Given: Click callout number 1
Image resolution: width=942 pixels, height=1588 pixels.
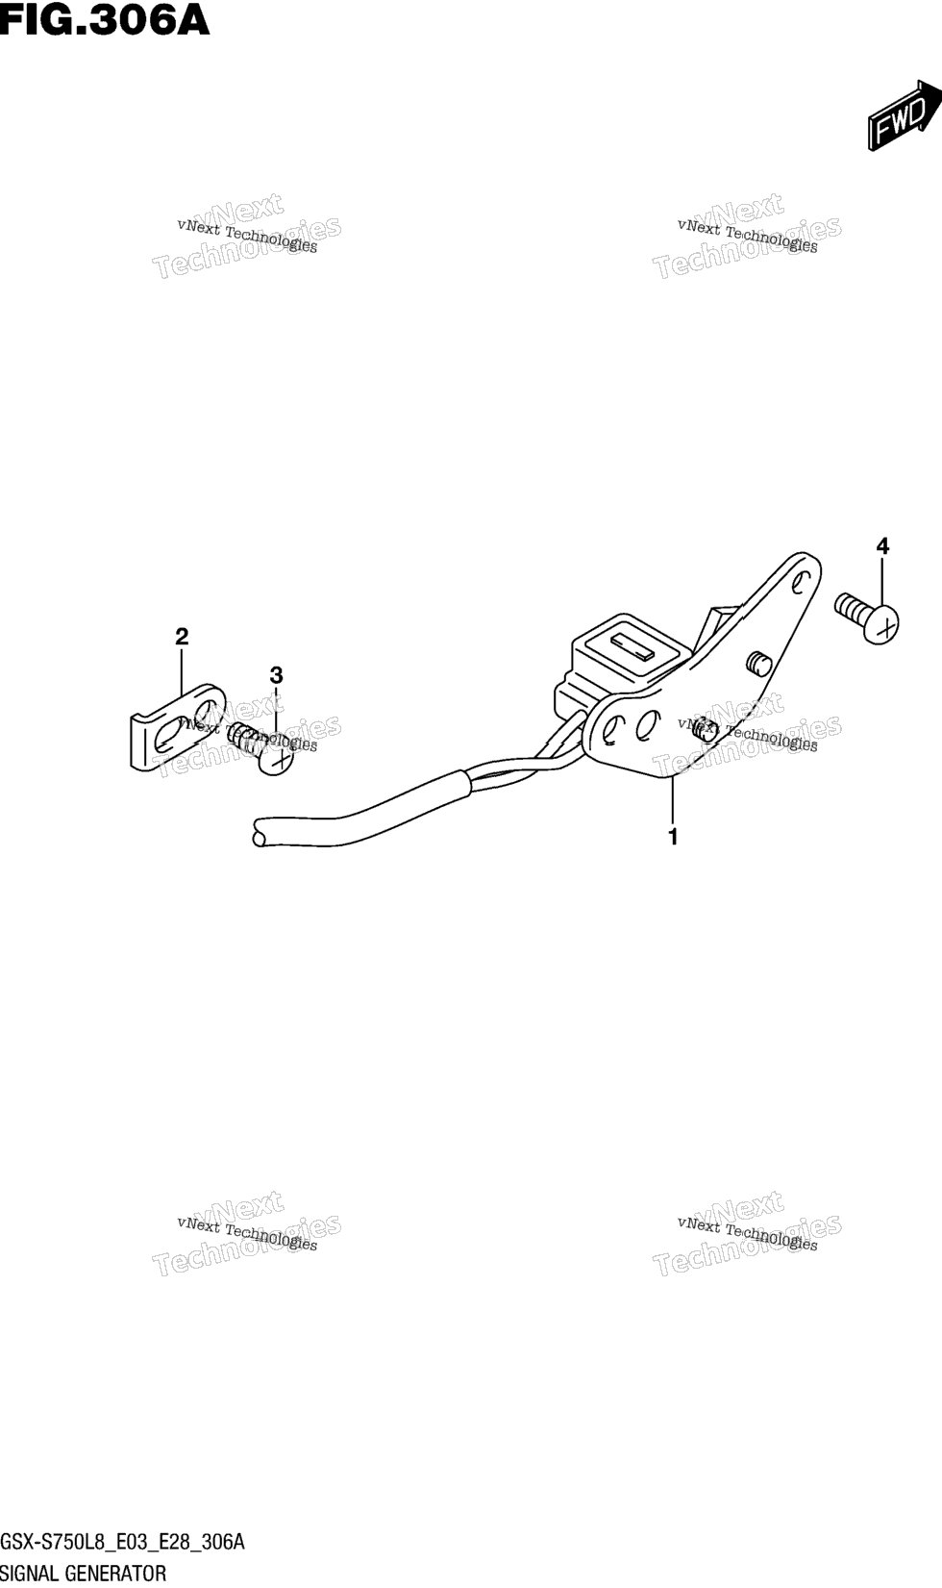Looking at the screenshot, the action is pyautogui.click(x=673, y=837).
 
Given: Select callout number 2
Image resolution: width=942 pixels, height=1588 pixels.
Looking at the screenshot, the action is pyautogui.click(x=182, y=636).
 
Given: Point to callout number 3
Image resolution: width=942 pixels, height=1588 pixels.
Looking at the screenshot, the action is pyautogui.click(x=276, y=673).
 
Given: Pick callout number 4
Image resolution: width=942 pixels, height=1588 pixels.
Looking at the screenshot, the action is pyautogui.click(x=881, y=546).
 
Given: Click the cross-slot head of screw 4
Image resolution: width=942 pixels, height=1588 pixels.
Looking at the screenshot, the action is pyautogui.click(x=881, y=624).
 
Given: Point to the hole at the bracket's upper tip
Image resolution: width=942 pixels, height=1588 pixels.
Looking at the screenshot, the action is pyautogui.click(x=800, y=583).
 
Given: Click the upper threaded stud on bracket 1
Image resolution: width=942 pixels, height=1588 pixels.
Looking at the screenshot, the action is pyautogui.click(x=756, y=662).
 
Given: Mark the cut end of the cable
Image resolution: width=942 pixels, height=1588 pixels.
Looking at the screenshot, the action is pyautogui.click(x=259, y=831).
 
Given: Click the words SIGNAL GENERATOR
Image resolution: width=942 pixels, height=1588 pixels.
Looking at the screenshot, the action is pyautogui.click(x=84, y=1574).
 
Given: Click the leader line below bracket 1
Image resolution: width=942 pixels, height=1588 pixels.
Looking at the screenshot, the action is pyautogui.click(x=672, y=801).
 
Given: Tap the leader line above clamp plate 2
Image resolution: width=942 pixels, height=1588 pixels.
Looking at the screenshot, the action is pyautogui.click(x=182, y=670).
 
